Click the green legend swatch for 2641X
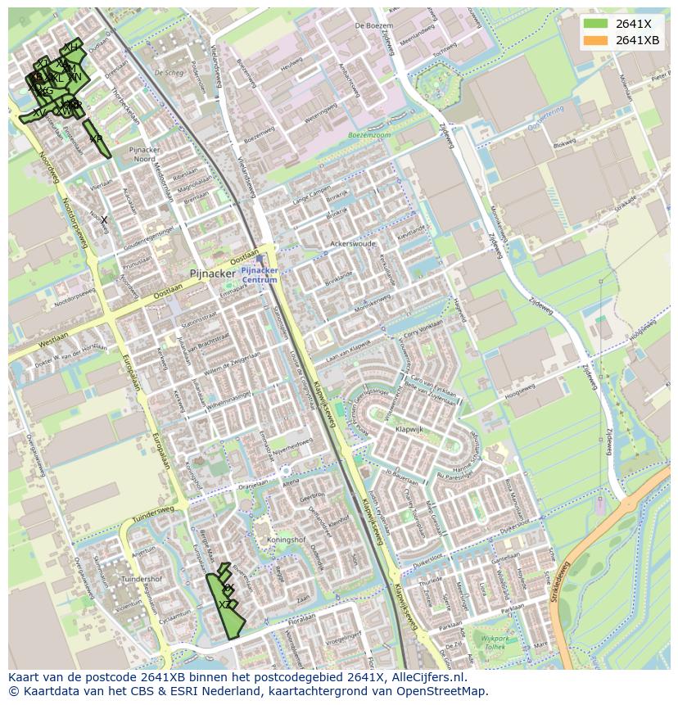pos(595,24)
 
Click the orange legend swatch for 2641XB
pos(595,40)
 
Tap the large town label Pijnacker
pos(212,273)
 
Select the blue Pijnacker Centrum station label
pos(260,274)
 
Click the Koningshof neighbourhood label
pos(286,540)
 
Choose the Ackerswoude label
pos(352,244)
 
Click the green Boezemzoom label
pos(369,134)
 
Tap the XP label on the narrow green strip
pos(96,139)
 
